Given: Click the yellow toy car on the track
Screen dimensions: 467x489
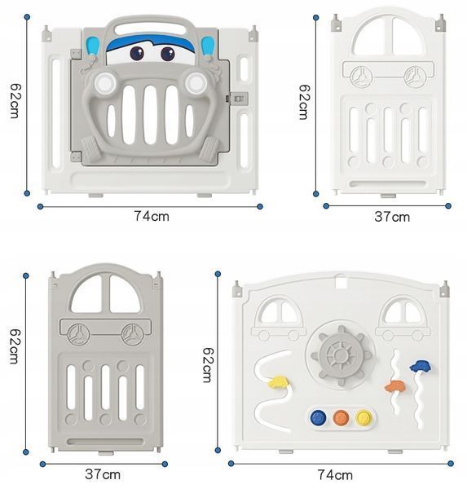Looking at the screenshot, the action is click(278, 382).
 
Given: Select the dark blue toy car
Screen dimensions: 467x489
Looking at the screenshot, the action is click(421, 366).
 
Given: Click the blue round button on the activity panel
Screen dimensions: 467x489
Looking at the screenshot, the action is click(318, 417).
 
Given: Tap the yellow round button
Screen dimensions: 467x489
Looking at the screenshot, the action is click(363, 417).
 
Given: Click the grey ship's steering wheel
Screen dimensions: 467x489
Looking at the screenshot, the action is click(341, 355).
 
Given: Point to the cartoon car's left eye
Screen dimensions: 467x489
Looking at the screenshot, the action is click(137, 53).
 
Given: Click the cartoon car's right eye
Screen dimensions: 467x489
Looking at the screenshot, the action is click(168, 54).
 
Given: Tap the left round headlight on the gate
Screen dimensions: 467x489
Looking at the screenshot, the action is click(104, 83).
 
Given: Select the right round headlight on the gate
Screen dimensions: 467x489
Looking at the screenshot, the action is click(196, 82).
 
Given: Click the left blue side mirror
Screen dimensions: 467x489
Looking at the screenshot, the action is click(92, 46).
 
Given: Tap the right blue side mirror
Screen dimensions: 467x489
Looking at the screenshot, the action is click(208, 46).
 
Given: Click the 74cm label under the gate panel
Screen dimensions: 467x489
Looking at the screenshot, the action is click(152, 216).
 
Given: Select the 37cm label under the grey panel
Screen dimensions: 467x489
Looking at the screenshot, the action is click(103, 474).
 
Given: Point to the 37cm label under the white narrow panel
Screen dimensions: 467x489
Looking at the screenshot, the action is click(392, 217).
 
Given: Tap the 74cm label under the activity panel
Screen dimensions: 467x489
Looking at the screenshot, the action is click(335, 475).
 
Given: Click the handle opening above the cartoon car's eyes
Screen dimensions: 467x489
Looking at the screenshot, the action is click(150, 29).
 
